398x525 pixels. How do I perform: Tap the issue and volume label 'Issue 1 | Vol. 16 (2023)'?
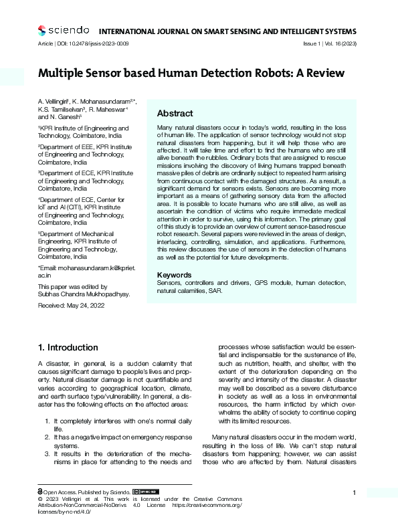(x=328, y=43)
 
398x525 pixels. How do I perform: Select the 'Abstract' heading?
(x=175, y=114)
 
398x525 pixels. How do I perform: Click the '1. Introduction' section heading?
(x=68, y=348)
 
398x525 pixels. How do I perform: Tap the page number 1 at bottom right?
(x=353, y=493)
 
